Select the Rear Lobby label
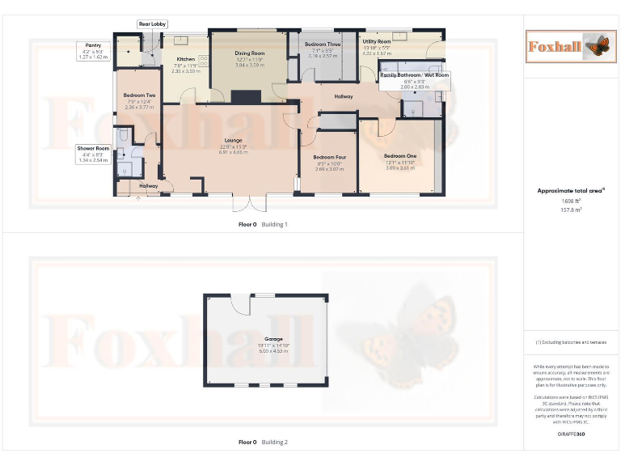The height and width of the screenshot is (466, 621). tap(152, 24)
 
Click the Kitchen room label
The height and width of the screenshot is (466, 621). tap(186, 59)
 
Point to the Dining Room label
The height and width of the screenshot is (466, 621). tap(250, 53)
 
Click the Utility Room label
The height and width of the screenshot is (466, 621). tap(377, 41)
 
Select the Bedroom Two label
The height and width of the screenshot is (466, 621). tap(139, 95)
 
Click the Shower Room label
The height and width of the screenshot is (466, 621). tap(93, 148)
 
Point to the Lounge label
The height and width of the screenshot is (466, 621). tap(233, 141)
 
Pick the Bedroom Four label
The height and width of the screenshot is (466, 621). tap(329, 157)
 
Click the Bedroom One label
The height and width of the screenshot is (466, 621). tap(400, 156)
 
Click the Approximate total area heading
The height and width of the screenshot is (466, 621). tap(571, 191)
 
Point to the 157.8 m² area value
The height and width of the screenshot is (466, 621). tap(572, 209)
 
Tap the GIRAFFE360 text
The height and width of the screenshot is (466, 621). tap(571, 435)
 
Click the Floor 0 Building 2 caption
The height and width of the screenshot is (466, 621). tap(263, 443)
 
